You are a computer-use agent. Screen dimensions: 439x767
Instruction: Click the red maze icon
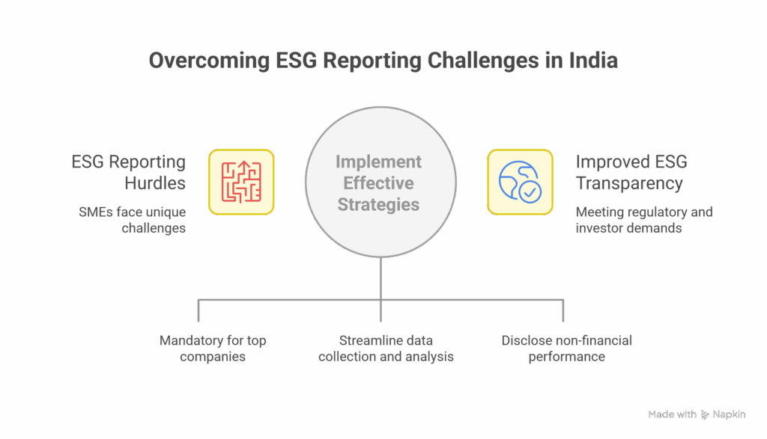(x=241, y=182)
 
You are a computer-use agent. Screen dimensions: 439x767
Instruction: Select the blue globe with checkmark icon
(x=520, y=182)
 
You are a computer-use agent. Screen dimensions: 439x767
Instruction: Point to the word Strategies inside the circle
(x=378, y=204)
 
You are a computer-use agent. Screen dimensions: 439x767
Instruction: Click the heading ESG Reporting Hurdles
(x=128, y=172)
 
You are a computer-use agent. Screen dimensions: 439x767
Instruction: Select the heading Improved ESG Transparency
(x=631, y=172)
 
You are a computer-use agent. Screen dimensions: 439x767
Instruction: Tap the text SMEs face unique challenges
(x=132, y=220)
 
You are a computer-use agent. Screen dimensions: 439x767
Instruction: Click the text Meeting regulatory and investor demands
(x=644, y=220)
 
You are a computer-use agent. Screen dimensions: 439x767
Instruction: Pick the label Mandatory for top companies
(x=213, y=349)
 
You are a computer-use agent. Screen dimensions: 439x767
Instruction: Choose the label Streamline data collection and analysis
(x=386, y=349)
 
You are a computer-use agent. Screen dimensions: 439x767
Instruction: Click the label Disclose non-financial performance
(x=566, y=349)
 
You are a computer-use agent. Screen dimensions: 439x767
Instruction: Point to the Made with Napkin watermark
(x=696, y=414)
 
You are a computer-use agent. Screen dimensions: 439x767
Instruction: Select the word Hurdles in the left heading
(x=154, y=182)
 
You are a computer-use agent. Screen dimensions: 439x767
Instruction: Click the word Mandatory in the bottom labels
(x=190, y=340)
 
